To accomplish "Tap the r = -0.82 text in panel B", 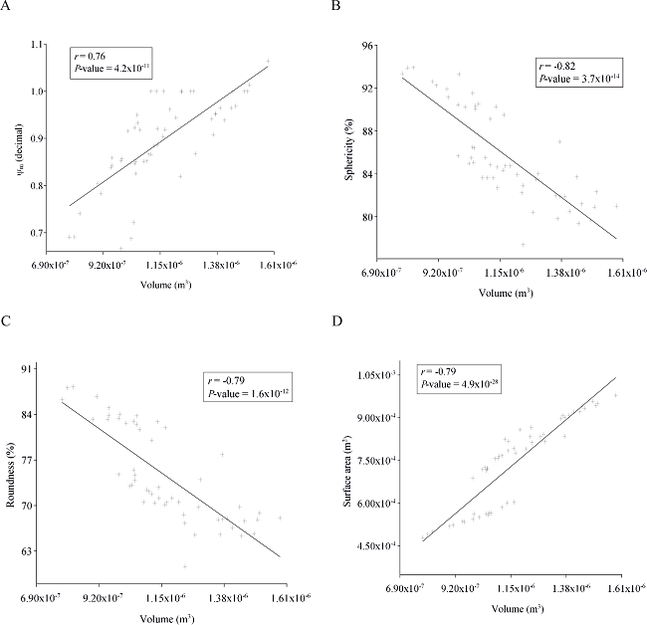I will tap(553, 63).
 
